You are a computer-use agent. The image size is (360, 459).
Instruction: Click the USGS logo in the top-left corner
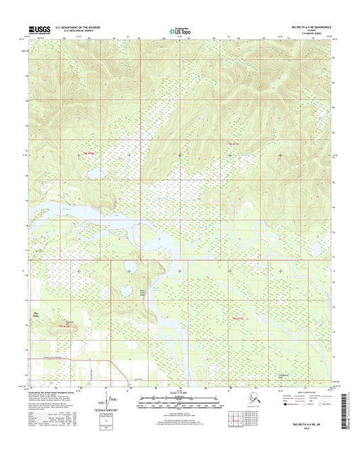39,30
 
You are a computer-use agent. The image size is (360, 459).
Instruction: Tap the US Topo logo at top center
180,30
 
